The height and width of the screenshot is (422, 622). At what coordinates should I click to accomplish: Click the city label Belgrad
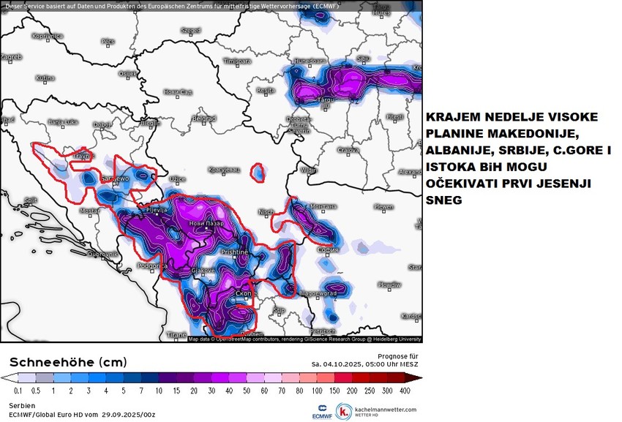coord(203,118)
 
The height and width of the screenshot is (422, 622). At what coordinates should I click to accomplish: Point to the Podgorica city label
coord(150,266)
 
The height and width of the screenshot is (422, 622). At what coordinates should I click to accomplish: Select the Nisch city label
coord(266,212)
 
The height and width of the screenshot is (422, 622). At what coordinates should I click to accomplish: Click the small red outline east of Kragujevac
coord(258,173)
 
